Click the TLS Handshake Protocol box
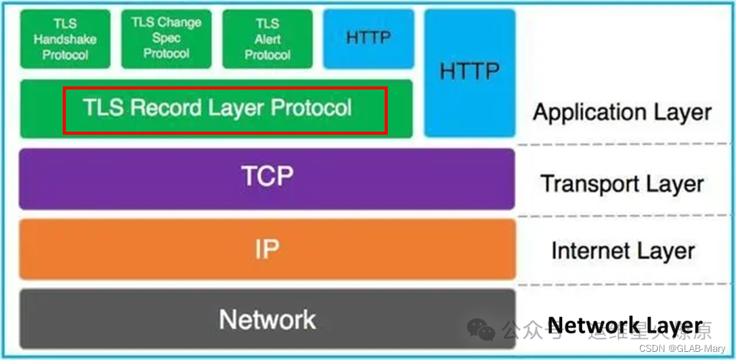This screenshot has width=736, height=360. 65,39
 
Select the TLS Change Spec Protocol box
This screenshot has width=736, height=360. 167,39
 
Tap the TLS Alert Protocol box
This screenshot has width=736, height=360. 268,39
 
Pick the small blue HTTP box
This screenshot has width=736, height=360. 369,39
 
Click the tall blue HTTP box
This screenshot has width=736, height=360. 470,72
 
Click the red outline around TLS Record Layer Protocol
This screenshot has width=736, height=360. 225,88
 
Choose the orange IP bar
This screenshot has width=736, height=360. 267,249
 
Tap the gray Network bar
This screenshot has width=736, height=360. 267,318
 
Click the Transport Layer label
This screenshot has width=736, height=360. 622,183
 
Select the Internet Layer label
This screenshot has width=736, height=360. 623,250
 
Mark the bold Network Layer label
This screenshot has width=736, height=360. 625,326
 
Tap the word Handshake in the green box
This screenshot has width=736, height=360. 65,40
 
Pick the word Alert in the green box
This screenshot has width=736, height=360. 268,40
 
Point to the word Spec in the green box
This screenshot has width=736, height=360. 166,38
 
